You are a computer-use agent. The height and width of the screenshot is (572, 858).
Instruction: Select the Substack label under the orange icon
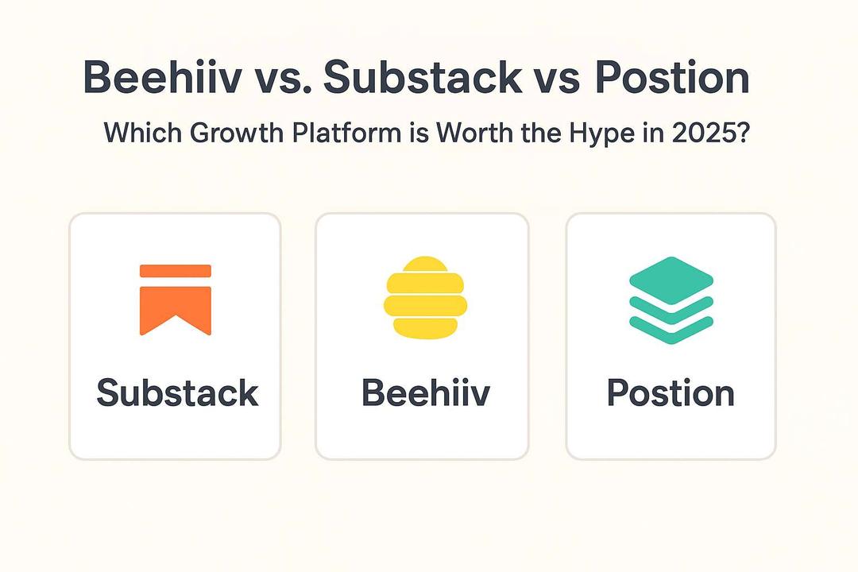coord(177,393)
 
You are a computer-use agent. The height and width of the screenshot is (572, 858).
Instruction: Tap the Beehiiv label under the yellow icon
coord(426,393)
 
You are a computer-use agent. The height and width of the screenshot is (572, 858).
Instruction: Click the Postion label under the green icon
coord(671,393)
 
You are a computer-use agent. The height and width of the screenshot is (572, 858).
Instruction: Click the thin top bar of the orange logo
coord(175,271)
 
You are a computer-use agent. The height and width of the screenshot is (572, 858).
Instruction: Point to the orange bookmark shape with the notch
coord(175,306)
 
